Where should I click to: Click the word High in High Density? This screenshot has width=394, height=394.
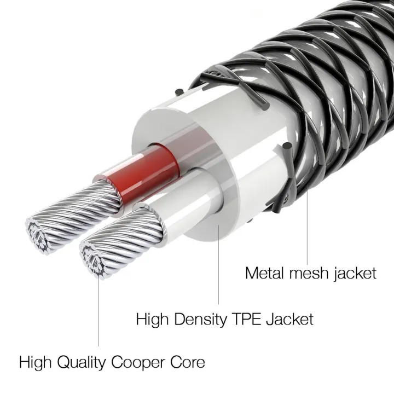152,318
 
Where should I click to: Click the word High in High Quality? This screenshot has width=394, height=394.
34,362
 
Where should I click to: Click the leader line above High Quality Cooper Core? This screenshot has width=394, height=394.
99,312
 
